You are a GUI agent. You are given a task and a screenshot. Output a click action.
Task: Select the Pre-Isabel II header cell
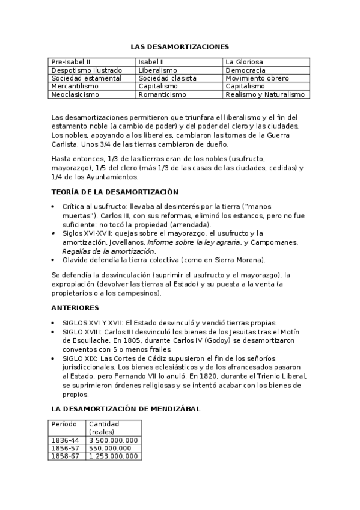tap(71, 62)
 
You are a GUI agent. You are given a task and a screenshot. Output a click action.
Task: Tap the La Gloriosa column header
tap(244, 62)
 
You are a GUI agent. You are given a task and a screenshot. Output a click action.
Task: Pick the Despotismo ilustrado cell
tap(79, 70)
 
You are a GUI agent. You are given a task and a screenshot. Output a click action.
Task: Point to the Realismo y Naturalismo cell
tap(265, 94)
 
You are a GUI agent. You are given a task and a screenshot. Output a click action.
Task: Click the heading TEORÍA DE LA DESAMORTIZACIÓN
tap(115, 192)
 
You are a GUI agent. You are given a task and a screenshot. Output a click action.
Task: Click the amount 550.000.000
tap(109, 448)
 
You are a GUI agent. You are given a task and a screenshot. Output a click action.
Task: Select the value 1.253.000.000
tap(113, 456)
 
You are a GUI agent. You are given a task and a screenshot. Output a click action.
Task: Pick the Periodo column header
tap(64, 424)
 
